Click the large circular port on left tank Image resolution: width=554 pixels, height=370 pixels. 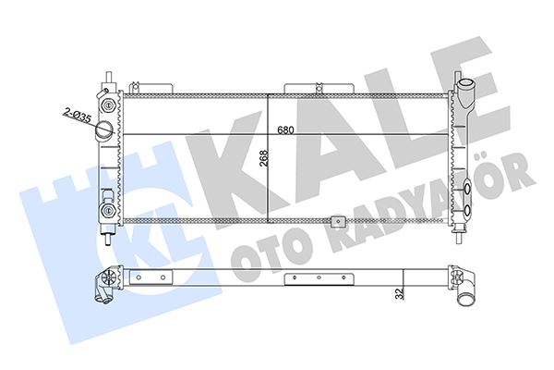click(107, 129)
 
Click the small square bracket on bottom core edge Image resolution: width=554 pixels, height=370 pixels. click(339, 222)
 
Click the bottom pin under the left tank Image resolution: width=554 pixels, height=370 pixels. click(109, 237)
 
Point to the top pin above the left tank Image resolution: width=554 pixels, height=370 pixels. click(109, 77)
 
